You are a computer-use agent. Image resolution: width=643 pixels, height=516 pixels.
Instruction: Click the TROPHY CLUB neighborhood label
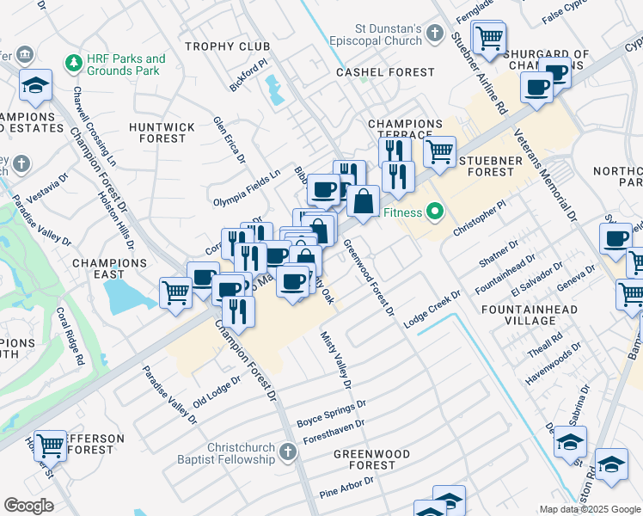pyautogui.click(x=224, y=46)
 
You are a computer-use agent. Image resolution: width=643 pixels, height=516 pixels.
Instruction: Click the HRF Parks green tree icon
pyautogui.click(x=73, y=64)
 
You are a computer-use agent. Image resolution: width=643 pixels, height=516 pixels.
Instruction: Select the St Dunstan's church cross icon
pyautogui.click(x=435, y=34)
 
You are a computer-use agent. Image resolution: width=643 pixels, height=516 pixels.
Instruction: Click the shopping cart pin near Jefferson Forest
pyautogui.click(x=50, y=445)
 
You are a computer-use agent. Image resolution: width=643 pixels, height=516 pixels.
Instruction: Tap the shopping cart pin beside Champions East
pyautogui.click(x=176, y=292)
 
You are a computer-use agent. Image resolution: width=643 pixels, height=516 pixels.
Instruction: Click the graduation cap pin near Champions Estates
pyautogui.click(x=36, y=84)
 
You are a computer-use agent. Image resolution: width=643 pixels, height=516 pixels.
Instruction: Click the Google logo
pyautogui.click(x=28, y=505)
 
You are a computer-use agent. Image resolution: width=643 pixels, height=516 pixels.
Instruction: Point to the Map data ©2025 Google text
pyautogui.click(x=589, y=509)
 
